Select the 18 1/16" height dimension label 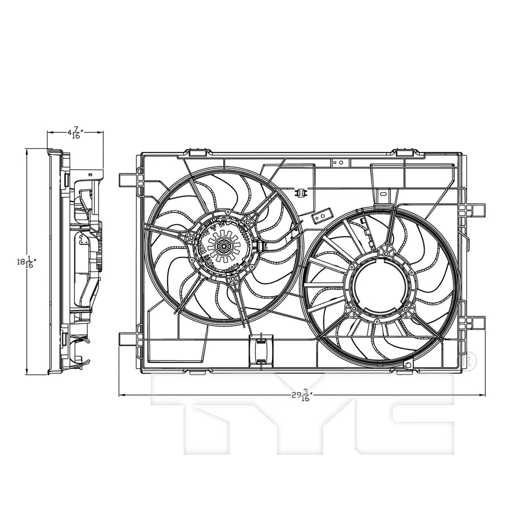pyautogui.click(x=25, y=262)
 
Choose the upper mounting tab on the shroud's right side pyautogui.click(x=475, y=209)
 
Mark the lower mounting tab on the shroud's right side pyautogui.click(x=475, y=323)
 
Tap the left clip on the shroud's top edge pyautogui.click(x=198, y=153)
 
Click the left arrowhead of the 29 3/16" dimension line pyautogui.click(x=122, y=396)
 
